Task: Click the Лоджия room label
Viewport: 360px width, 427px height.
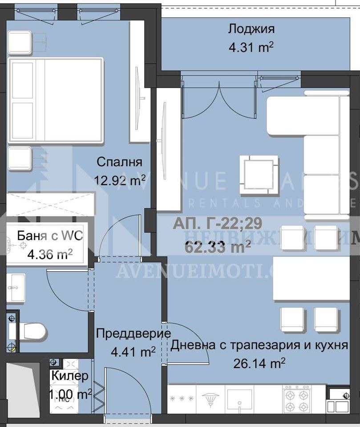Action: [251, 29]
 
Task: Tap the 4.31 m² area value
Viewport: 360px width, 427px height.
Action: [251, 47]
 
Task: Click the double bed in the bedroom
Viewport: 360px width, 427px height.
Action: [56, 100]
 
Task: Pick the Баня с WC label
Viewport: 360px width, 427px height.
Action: [50, 236]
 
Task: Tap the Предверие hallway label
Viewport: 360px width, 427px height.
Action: [133, 333]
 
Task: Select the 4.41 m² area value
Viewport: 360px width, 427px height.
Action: [133, 352]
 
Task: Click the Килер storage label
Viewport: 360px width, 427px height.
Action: [70, 376]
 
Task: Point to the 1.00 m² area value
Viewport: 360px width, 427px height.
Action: [71, 394]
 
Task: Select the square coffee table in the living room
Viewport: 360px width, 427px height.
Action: [259, 175]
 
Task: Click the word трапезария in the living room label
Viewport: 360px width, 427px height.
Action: [254, 345]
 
